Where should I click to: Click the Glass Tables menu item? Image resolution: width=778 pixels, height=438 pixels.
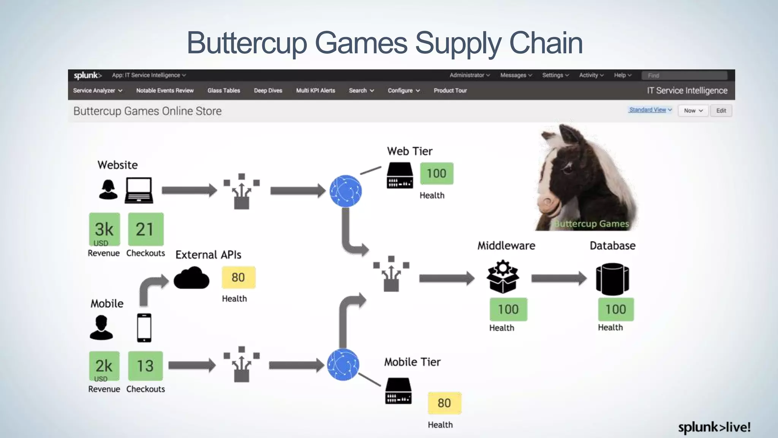pyautogui.click(x=223, y=90)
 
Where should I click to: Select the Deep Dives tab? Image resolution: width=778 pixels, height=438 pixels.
pyautogui.click(x=268, y=90)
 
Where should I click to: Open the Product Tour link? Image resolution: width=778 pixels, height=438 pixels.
pyautogui.click(x=450, y=90)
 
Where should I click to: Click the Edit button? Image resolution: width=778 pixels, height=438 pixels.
pyautogui.click(x=721, y=111)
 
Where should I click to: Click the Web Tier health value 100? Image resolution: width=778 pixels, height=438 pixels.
pyautogui.click(x=436, y=173)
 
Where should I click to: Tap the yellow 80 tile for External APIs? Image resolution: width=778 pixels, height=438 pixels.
pyautogui.click(x=238, y=277)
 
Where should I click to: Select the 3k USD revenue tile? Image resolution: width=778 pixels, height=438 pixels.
pyautogui.click(x=104, y=230)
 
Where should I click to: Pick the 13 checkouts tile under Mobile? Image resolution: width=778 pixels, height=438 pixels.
pyautogui.click(x=145, y=366)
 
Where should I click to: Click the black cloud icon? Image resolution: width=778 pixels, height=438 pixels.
pyautogui.click(x=191, y=278)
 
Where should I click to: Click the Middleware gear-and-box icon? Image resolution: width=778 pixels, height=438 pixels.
pyautogui.click(x=503, y=277)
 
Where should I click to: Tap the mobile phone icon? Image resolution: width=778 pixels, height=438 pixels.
pyautogui.click(x=144, y=327)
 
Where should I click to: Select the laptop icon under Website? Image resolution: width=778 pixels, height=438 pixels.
pyautogui.click(x=139, y=190)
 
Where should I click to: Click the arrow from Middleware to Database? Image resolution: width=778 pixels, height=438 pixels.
pyautogui.click(x=558, y=278)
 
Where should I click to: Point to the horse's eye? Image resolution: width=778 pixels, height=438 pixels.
pyautogui.click(x=569, y=168)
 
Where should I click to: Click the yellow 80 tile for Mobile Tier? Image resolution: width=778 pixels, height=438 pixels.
pyautogui.click(x=444, y=403)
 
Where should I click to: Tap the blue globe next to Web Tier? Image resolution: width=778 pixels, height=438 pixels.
pyautogui.click(x=345, y=191)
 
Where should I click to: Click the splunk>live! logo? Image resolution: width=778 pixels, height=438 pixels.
pyautogui.click(x=714, y=427)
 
